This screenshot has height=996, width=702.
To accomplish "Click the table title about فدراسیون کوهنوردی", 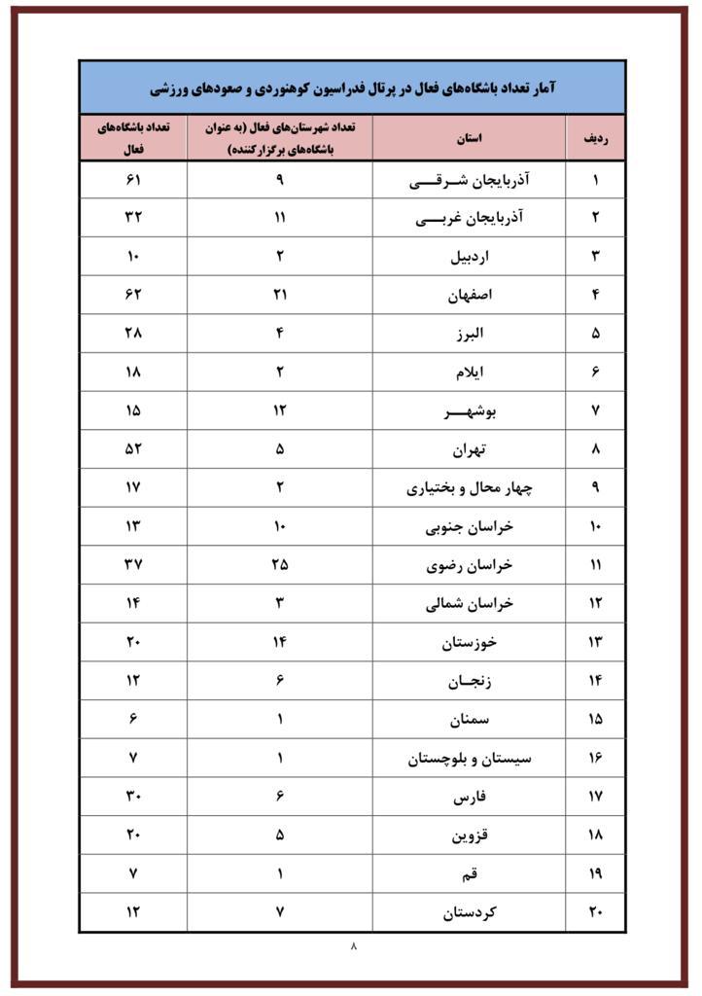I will tap(352, 89).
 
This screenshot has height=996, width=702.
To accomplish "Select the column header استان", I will tap(469, 138).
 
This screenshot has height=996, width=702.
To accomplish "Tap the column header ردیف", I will tap(595, 138).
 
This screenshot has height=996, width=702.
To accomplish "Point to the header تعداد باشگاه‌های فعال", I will tap(133, 138).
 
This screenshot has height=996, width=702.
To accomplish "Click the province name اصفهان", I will tap(470, 295).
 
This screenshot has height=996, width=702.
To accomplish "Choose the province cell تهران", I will tap(470, 449).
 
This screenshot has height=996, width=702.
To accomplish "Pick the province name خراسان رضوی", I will tap(470, 565).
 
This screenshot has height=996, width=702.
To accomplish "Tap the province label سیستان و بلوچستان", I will tap(470, 758).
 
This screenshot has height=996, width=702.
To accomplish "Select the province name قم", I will tap(470, 873).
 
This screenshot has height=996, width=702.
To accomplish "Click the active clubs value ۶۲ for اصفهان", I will tap(133, 295).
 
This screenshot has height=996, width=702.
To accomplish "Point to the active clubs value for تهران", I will tap(133, 449).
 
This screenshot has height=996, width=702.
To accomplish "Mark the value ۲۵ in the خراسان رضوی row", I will tap(279, 565).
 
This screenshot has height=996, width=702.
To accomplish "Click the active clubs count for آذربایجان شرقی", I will tap(133, 180).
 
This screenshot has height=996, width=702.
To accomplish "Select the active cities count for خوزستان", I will tap(279, 642).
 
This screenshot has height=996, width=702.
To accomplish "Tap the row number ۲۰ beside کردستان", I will tap(595, 912).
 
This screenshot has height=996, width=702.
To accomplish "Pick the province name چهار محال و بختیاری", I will tap(470, 488).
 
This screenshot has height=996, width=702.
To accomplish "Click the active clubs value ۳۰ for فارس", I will tap(133, 797).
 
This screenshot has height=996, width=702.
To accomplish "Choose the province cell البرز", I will tap(470, 334).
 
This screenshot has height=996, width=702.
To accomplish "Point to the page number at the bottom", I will tap(353, 944).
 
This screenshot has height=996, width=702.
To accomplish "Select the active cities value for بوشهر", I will tap(279, 411).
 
